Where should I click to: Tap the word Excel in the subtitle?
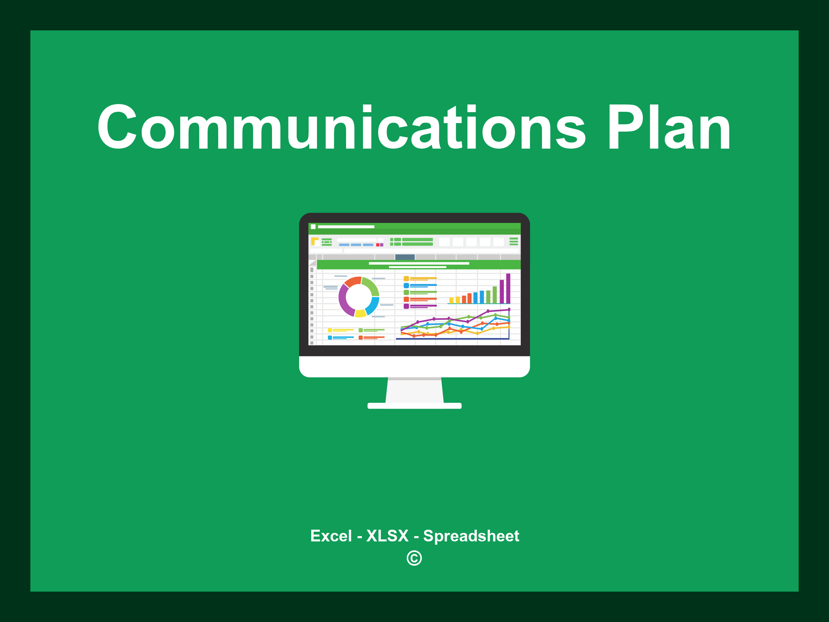pos(331,536)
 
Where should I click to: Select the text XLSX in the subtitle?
pos(387,536)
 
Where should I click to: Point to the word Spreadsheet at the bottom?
pos(471,536)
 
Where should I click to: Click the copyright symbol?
pos(414,558)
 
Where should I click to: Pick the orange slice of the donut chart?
pos(352,281)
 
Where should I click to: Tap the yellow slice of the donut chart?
pos(360,313)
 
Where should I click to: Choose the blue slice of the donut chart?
pos(373,306)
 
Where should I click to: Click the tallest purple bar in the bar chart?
pos(508,288)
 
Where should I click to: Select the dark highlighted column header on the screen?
pos(405,257)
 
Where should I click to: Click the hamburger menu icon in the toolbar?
pos(514,242)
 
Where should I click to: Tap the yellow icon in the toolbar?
pos(315,241)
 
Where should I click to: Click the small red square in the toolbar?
pos(378,245)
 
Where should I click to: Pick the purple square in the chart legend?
pos(406,306)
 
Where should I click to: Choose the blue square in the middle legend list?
pos(406,285)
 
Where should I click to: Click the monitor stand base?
pos(414,406)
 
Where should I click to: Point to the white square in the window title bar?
pos(313,227)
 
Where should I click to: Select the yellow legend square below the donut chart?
pos(330,330)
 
